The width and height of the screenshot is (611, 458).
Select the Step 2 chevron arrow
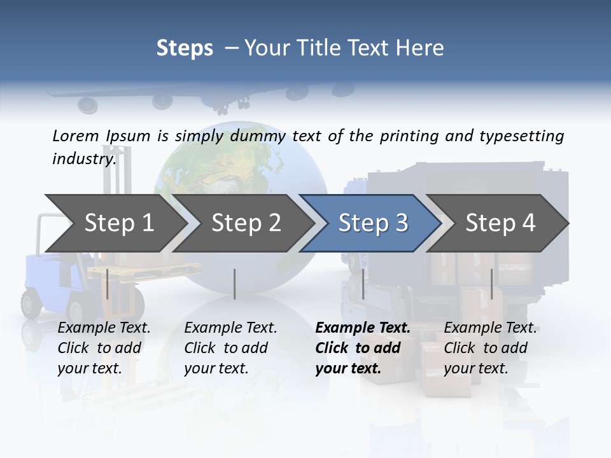click(x=245, y=223)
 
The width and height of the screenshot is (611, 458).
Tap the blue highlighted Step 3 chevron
click(x=372, y=223)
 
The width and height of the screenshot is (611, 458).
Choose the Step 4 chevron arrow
click(x=500, y=223)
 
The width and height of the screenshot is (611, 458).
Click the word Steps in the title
click(x=185, y=48)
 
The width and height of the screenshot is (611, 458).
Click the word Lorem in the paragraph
click(x=76, y=135)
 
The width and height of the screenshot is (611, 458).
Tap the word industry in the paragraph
click(x=84, y=158)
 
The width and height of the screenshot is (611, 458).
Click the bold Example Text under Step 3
click(x=363, y=328)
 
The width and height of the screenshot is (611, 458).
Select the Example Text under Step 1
click(x=104, y=328)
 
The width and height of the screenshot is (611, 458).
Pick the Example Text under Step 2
click(x=230, y=328)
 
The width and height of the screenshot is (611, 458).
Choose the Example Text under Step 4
click(x=490, y=328)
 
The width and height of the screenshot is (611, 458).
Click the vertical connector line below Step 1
click(x=108, y=284)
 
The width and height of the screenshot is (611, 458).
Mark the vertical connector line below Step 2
click(x=235, y=284)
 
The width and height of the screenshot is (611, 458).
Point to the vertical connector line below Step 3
click(x=363, y=284)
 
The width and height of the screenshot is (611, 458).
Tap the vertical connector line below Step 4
click(x=491, y=284)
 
